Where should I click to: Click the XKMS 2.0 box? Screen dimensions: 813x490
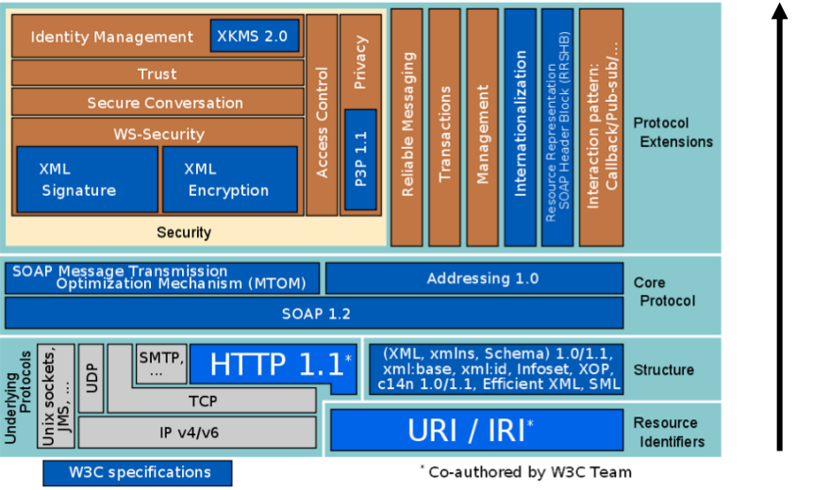[x=255, y=36]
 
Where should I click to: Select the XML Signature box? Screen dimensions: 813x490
[x=87, y=179]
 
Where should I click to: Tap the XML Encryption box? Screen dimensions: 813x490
[x=230, y=179]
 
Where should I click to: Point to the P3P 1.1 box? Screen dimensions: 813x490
[x=360, y=159]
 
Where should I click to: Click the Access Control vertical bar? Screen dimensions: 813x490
[x=322, y=115]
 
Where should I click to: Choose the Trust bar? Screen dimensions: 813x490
[x=158, y=73]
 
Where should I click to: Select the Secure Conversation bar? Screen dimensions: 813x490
[x=158, y=102]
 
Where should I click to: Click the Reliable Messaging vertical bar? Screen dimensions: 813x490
[x=406, y=127]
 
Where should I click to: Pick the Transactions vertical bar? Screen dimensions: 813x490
[x=444, y=127]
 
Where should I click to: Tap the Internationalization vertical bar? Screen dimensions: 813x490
[x=520, y=127]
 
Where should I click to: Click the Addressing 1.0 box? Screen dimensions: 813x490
[x=474, y=278]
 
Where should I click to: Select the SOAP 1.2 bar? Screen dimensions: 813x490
[x=314, y=313]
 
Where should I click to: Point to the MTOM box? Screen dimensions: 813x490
[x=162, y=278]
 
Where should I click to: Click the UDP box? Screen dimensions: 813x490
[x=91, y=378]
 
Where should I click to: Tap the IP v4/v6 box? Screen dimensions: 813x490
[x=197, y=432]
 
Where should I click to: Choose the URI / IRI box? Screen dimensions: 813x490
[x=477, y=430]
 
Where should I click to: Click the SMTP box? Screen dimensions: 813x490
[x=161, y=364]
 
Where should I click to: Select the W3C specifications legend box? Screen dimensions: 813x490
[x=138, y=473]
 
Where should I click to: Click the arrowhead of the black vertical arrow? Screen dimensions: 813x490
[x=779, y=11]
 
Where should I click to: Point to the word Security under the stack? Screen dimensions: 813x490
[x=184, y=232]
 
